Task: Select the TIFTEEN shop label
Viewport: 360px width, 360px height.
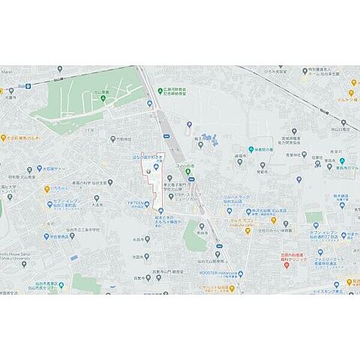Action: pos(136,204)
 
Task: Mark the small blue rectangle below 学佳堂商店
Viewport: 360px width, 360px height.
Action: pos(73,258)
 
